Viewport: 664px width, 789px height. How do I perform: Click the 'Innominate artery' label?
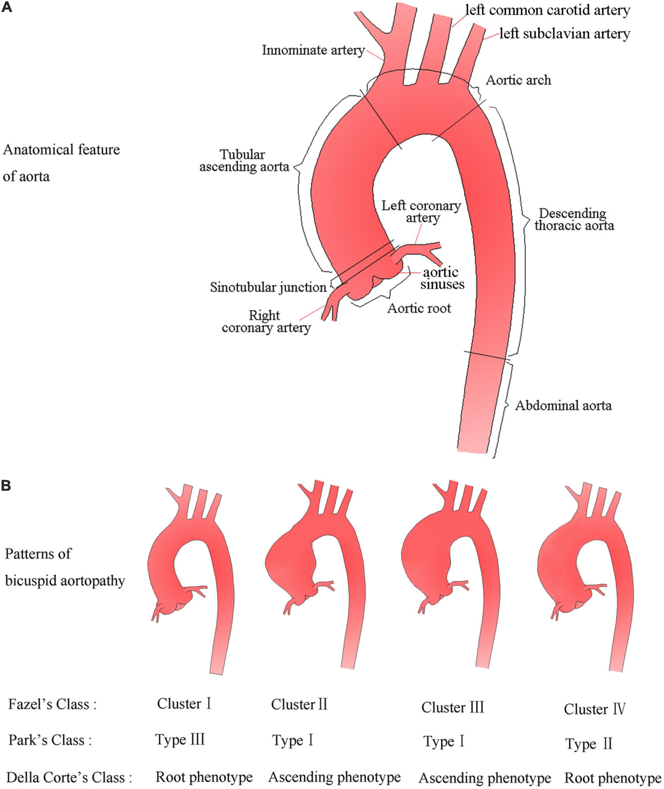[x=313, y=50]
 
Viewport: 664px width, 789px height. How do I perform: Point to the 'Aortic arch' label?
[x=518, y=80]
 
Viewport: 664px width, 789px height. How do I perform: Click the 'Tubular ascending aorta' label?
[x=244, y=161]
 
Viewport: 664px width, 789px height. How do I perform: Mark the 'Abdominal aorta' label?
[x=563, y=406]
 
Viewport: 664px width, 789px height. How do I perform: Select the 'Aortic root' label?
[x=419, y=309]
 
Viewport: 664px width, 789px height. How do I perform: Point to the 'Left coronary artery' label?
[x=421, y=211]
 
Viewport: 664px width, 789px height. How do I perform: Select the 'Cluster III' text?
[x=452, y=707]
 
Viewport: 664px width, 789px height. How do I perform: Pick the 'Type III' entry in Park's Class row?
[x=180, y=740]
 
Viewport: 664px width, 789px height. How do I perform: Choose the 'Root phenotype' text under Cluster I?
[x=204, y=777]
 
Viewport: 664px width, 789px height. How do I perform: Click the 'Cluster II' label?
[x=299, y=704]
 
